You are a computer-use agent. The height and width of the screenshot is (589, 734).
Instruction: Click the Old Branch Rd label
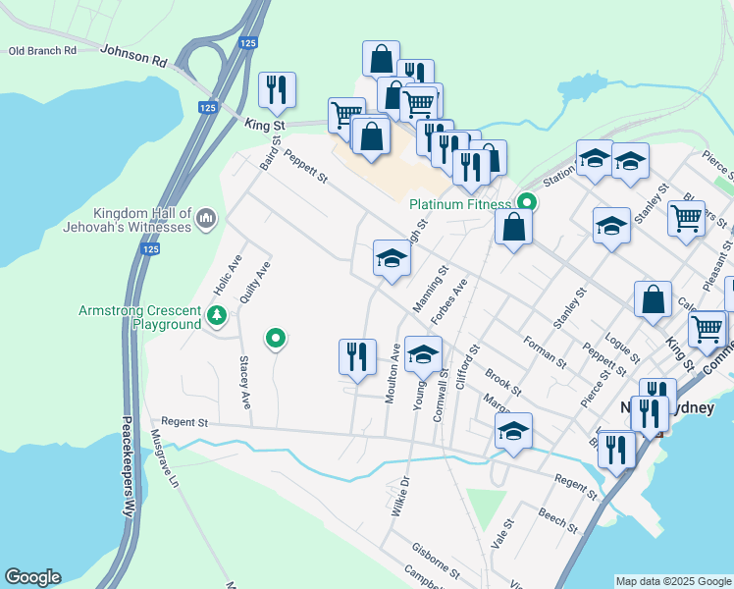coord(43,51)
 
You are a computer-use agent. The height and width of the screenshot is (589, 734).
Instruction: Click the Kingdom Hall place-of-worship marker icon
coord(206,217)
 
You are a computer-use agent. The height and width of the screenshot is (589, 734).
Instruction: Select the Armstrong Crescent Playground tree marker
coord(217,316)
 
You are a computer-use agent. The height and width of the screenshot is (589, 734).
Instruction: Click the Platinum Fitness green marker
coord(526,203)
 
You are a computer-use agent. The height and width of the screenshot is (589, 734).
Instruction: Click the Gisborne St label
coord(437,561)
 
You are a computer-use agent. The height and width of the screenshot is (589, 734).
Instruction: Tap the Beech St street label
coord(557,517)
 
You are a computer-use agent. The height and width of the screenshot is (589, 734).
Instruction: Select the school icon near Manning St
coord(392,259)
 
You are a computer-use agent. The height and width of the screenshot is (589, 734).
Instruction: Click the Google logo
coord(32,577)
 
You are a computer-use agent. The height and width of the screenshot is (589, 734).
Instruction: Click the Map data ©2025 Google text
coord(674,581)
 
